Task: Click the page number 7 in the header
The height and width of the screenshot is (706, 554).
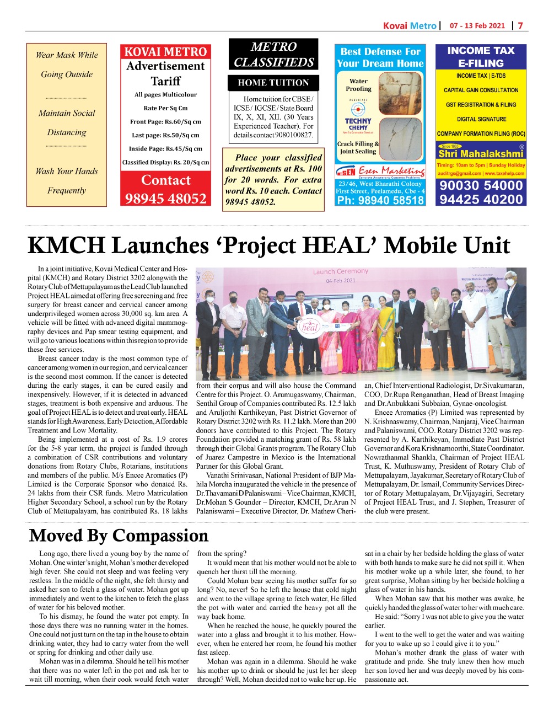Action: tap(520, 25)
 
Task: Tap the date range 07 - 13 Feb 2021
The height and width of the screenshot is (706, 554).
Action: tap(477, 25)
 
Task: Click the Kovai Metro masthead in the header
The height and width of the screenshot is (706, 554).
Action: tap(409, 25)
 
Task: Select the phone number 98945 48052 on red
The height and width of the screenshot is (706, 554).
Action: tap(165, 199)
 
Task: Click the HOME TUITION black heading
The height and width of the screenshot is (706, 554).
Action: tap(273, 83)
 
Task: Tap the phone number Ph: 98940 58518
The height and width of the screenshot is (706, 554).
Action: tap(380, 200)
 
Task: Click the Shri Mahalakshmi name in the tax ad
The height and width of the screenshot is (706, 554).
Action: tap(481, 154)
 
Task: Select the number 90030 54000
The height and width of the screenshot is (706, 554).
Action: tap(481, 185)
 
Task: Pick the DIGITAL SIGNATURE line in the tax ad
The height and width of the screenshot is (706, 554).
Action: tap(481, 119)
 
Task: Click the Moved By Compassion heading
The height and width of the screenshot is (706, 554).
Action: tap(119, 535)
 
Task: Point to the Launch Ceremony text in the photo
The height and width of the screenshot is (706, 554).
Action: tap(340, 271)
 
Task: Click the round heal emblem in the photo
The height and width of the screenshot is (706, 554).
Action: tap(309, 327)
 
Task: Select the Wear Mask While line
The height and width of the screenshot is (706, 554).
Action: tap(67, 55)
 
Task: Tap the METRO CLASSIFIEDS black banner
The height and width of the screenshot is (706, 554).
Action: tap(273, 55)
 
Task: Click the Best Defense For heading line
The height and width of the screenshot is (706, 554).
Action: tap(380, 52)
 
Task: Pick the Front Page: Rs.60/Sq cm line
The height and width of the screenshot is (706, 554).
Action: tap(165, 122)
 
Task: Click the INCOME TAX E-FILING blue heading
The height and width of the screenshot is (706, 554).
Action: tap(481, 56)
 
